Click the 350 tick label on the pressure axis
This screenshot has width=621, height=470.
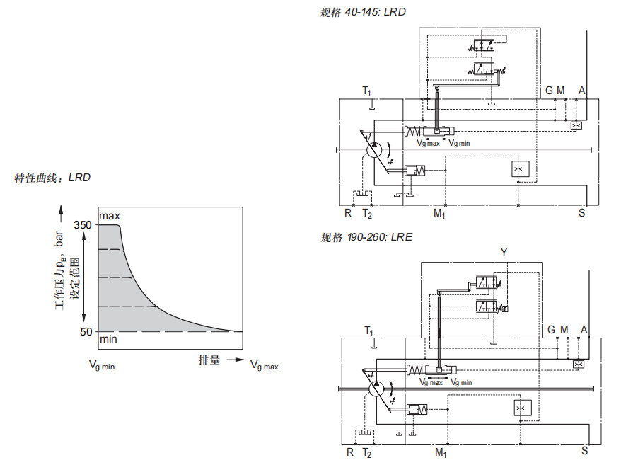pyautogui.click(x=82, y=225)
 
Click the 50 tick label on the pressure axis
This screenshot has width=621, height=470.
pyautogui.click(x=86, y=332)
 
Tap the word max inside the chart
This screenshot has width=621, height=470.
pyautogui.click(x=110, y=216)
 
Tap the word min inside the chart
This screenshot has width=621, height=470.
pyautogui.click(x=108, y=339)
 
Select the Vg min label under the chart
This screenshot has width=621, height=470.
pyautogui.click(x=102, y=365)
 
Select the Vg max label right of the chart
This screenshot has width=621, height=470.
pyautogui.click(x=264, y=365)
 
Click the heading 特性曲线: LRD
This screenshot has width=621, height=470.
pyautogui.click(x=52, y=178)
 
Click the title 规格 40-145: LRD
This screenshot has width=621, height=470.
pyautogui.click(x=363, y=12)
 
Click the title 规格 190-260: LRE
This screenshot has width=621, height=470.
pyautogui.click(x=366, y=237)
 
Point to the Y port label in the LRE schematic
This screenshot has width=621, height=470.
pyautogui.click(x=504, y=253)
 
